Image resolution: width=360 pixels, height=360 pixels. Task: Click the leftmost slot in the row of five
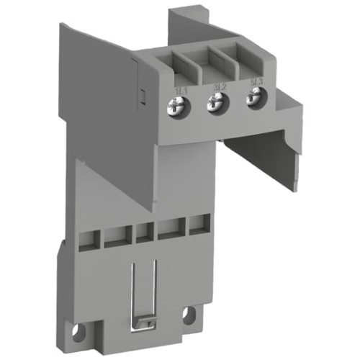[90, 235]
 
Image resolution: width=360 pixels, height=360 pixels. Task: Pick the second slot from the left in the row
[115, 235]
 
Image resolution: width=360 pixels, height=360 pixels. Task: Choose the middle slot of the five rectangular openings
[143, 233]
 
